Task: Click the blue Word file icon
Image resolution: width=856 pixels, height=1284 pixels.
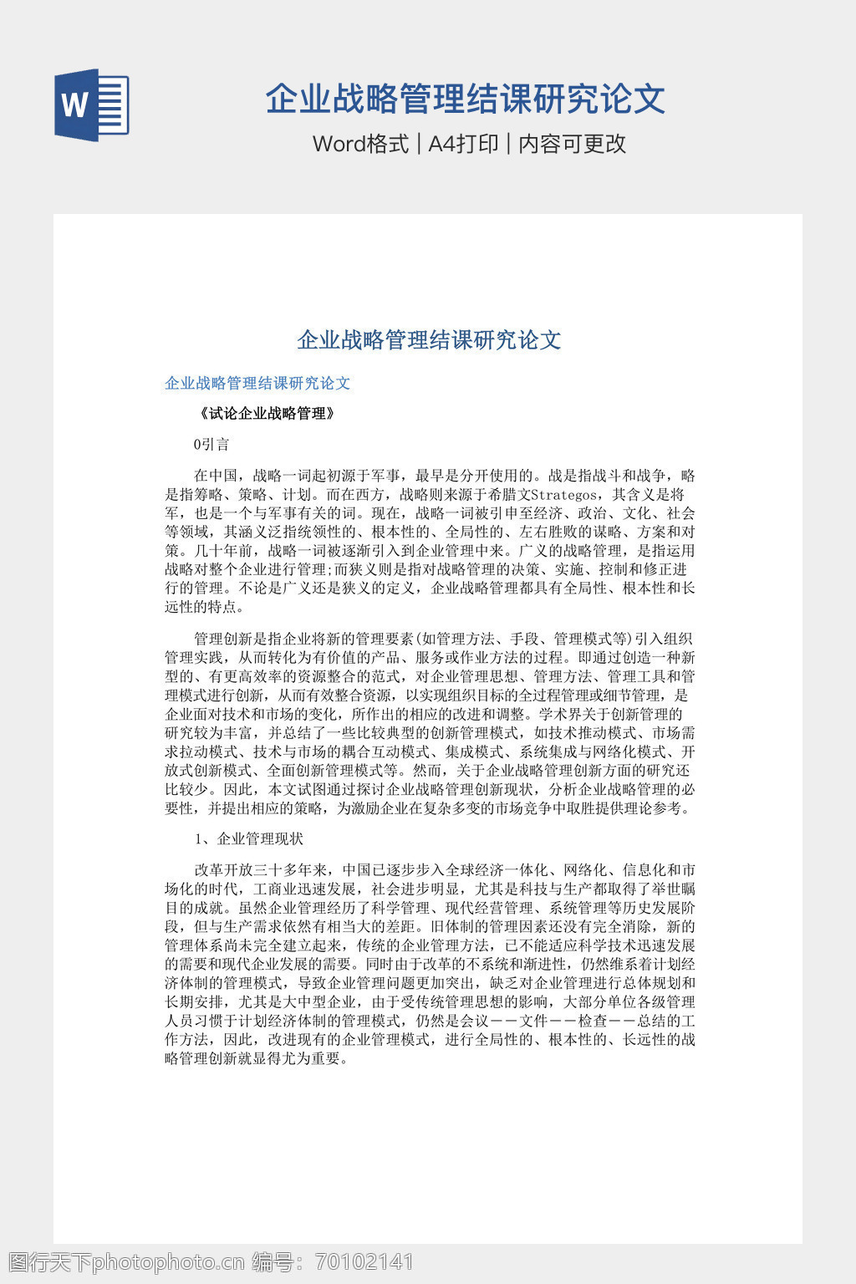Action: click(92, 104)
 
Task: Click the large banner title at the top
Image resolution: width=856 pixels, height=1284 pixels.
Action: click(465, 99)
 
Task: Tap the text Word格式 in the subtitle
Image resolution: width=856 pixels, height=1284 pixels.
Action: click(360, 144)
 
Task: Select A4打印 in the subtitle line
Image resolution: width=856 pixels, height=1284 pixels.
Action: click(463, 144)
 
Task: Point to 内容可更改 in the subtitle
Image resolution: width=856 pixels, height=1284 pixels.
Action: click(572, 144)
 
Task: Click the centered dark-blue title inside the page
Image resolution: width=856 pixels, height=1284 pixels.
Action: click(429, 340)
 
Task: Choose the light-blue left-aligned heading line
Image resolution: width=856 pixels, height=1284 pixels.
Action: click(257, 384)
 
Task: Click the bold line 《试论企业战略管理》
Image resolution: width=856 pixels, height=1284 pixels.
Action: click(267, 414)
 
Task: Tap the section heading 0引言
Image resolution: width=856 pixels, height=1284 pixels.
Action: click(211, 445)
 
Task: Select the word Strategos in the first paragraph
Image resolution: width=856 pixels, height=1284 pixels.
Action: click(563, 495)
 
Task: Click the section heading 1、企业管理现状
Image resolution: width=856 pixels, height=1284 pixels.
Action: click(249, 839)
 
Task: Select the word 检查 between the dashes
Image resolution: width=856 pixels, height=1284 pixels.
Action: click(593, 1022)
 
